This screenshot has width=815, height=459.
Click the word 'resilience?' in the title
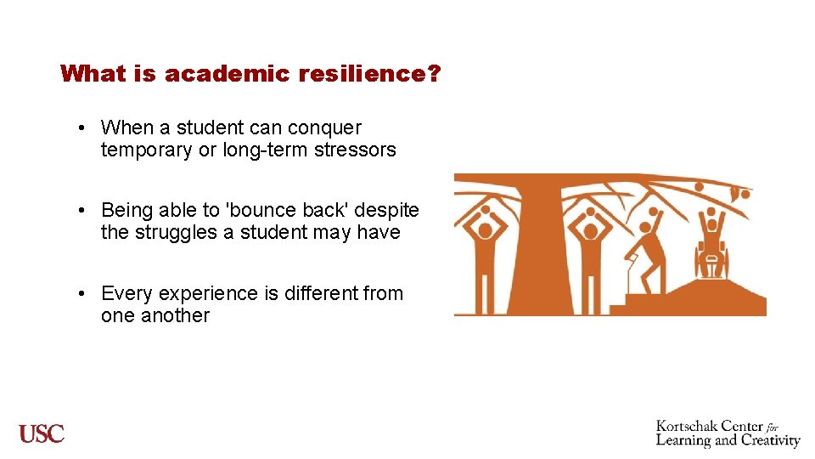tap(369, 74)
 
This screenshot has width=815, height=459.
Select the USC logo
tap(42, 433)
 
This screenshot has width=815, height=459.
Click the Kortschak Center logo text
tap(728, 433)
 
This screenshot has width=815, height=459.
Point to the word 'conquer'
tap(324, 128)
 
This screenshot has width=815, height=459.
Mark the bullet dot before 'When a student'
tap(77, 128)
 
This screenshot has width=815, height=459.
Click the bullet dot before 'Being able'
tap(77, 210)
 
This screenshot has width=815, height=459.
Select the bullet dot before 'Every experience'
tap(77, 294)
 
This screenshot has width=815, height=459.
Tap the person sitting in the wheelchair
tap(711, 246)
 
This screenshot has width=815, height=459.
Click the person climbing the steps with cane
tap(650, 251)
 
